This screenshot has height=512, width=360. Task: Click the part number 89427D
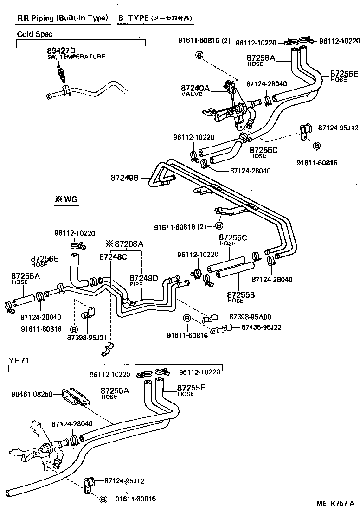tap(61, 50)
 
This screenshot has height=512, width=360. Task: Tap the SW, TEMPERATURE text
tap(76, 57)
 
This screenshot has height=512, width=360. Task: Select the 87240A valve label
tap(195, 88)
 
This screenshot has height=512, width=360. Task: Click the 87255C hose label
tap(264, 150)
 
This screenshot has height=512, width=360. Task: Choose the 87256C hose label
tap(233, 237)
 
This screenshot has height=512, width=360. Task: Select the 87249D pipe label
tap(144, 278)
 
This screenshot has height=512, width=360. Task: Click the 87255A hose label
tap(26, 276)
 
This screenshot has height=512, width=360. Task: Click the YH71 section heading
tap(18, 361)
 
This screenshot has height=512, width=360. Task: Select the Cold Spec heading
tap(34, 34)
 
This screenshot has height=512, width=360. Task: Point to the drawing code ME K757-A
tap(335, 504)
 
